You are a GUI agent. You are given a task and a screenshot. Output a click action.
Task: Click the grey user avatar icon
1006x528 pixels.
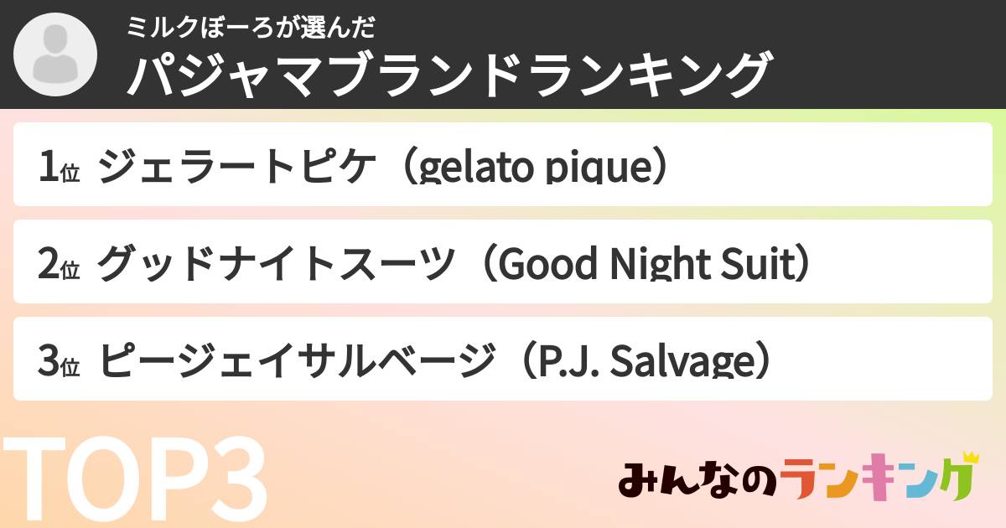(x=55, y=55)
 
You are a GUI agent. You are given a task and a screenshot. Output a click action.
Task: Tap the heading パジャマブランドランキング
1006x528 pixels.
(x=448, y=75)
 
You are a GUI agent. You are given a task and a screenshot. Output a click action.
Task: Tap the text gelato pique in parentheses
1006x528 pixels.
(x=535, y=168)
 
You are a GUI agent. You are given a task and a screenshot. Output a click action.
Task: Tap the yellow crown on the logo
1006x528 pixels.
(x=971, y=458)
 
